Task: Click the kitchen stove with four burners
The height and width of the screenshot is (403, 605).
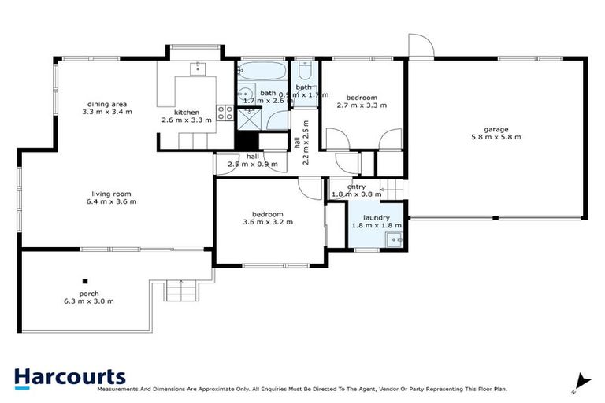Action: click(x=226, y=112)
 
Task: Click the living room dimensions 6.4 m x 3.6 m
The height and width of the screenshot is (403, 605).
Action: click(x=110, y=201)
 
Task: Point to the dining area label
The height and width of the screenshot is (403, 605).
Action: click(x=107, y=104)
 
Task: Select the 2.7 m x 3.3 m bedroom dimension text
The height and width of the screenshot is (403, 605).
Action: click(x=362, y=105)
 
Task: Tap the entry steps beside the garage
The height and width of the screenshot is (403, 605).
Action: click(x=392, y=190)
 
